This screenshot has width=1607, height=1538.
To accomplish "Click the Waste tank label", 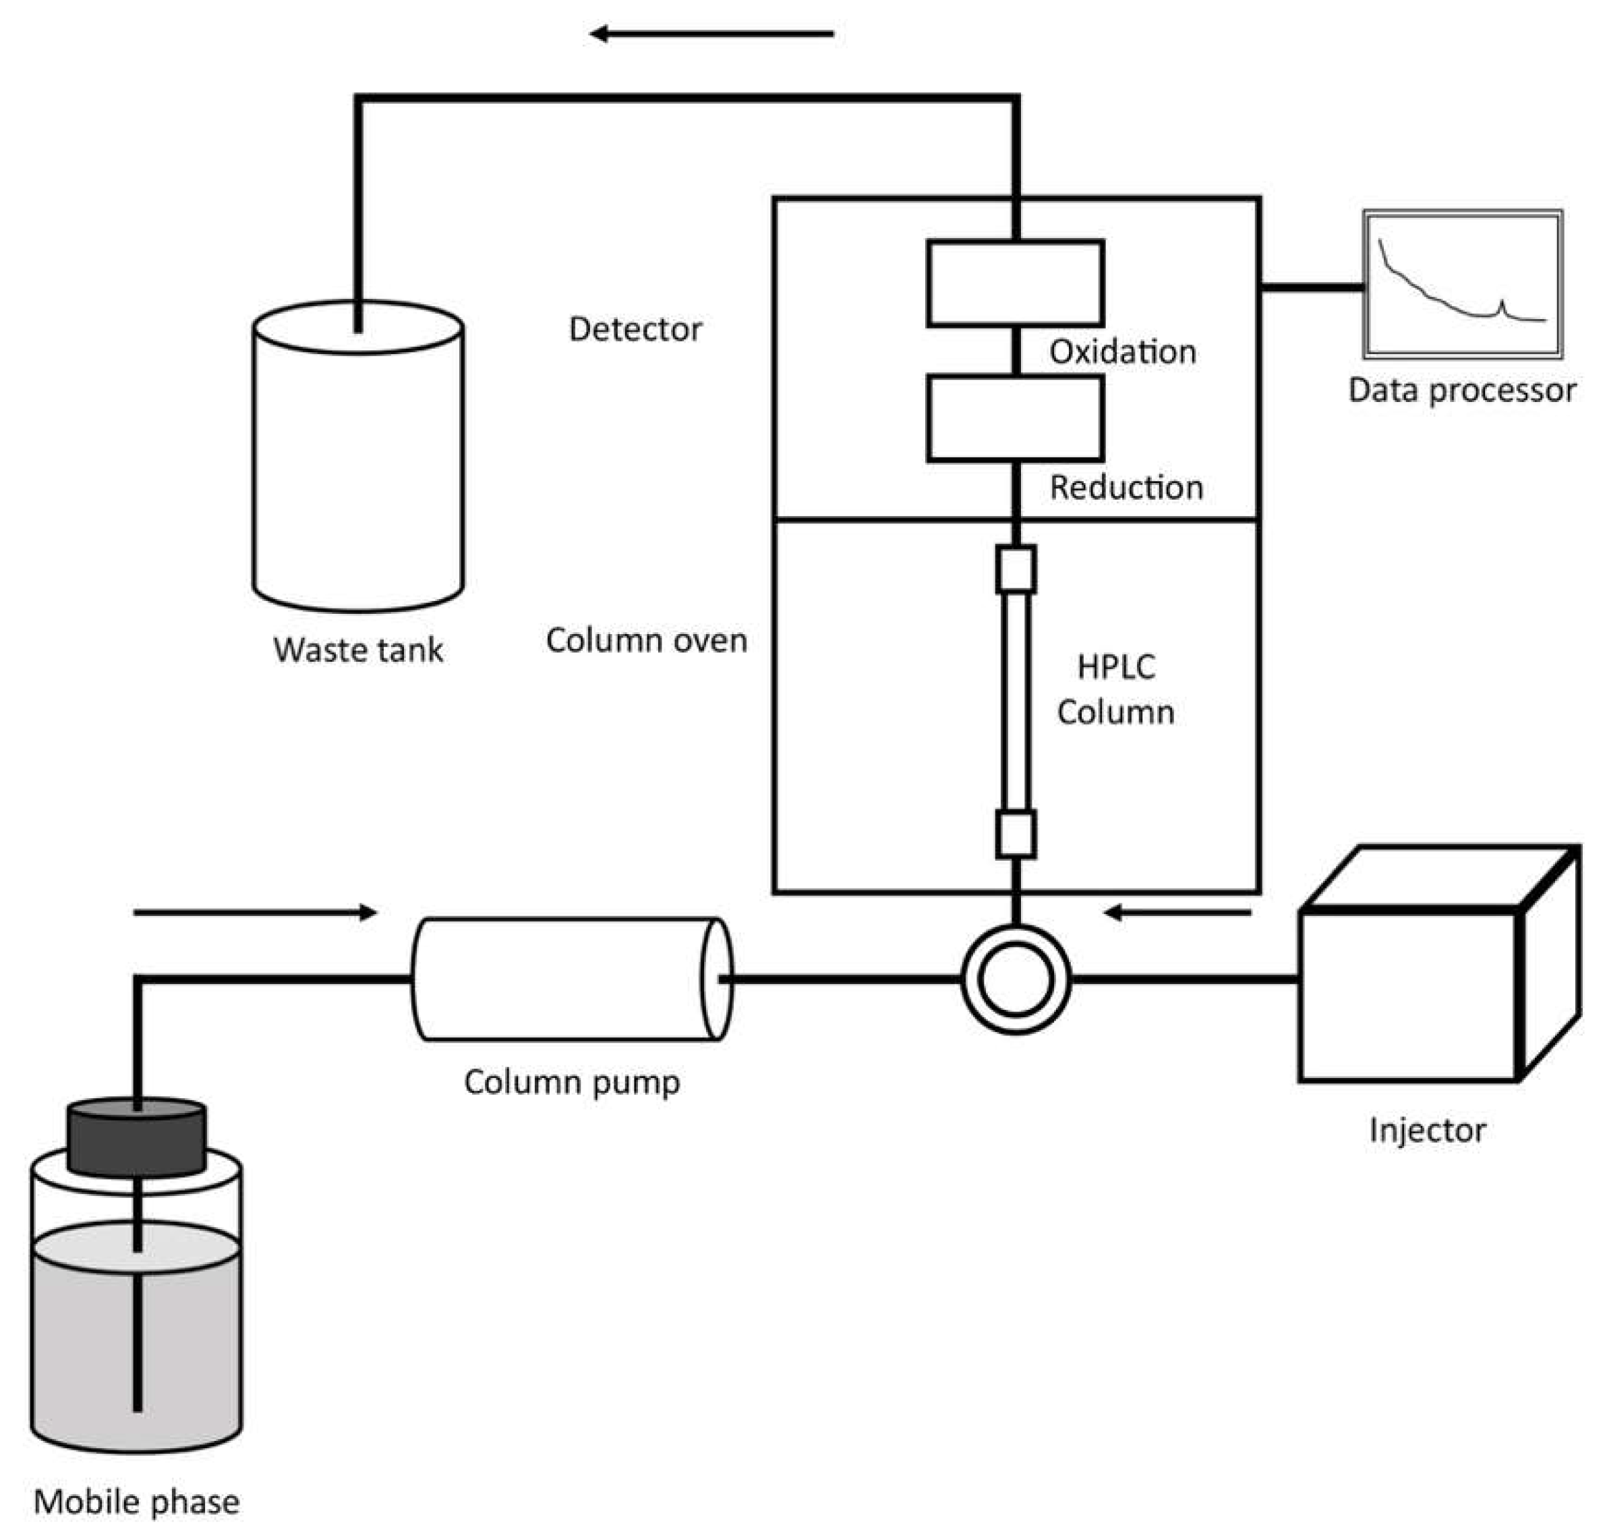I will [358, 650].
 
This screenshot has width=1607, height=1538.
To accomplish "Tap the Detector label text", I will [635, 330].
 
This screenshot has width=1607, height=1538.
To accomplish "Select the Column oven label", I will [647, 640].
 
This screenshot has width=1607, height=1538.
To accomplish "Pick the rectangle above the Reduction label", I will [1014, 419].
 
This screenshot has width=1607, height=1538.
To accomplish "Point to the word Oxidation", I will [1122, 351].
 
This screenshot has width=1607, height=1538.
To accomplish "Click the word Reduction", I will [1126, 488].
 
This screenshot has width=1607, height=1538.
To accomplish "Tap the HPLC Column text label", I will [1115, 689].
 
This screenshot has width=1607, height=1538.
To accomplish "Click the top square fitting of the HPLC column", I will [1016, 569].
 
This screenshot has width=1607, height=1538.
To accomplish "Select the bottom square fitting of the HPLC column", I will [1016, 834].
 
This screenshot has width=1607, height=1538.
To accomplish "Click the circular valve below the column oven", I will [1016, 979].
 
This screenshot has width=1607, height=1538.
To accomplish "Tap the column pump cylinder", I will [571, 979].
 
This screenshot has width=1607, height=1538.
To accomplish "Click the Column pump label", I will [571, 1082].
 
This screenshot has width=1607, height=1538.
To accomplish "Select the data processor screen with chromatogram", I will [1462, 285].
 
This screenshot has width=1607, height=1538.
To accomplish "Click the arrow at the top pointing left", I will [711, 34].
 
